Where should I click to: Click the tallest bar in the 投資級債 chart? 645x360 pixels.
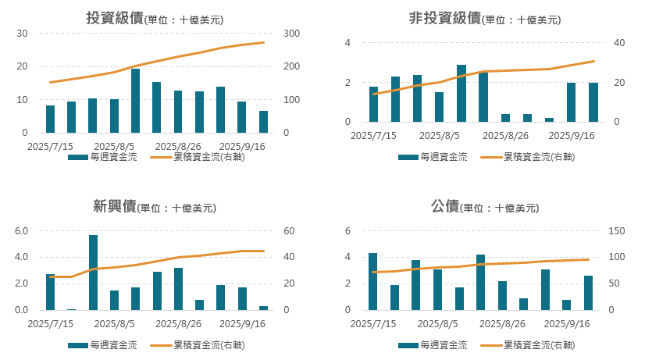[135, 101]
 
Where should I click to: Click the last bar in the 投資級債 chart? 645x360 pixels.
[263, 122]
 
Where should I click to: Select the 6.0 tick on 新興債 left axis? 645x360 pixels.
[21, 231]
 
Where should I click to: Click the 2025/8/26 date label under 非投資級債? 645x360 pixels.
[506, 135]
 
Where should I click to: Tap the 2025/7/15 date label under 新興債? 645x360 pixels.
[49, 323]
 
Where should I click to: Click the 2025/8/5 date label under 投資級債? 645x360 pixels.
[115, 146]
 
